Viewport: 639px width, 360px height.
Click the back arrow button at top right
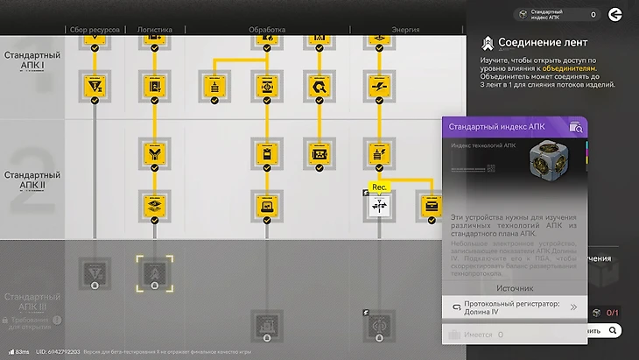tap(616, 14)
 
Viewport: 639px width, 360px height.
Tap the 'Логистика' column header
tap(155, 30)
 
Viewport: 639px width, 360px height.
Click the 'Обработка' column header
tap(267, 30)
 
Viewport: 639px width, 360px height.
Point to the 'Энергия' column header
tap(379, 30)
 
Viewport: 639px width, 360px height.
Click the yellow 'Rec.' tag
tap(379, 187)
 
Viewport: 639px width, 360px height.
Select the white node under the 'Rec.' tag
tap(379, 207)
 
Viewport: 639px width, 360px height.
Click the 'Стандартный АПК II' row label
tap(32, 180)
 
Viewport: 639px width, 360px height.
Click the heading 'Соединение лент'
tap(542, 42)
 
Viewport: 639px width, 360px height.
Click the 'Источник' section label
tap(515, 287)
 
